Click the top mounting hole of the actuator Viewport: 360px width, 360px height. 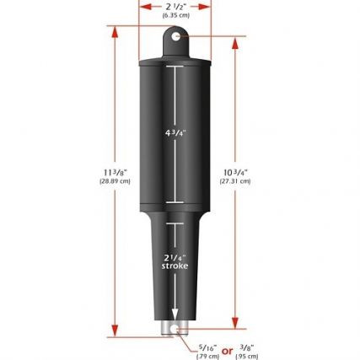click(175, 36)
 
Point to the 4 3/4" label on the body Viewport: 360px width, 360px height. click(175, 132)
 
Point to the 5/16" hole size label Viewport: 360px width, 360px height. click(205, 345)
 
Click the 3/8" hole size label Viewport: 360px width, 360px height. click(245, 345)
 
